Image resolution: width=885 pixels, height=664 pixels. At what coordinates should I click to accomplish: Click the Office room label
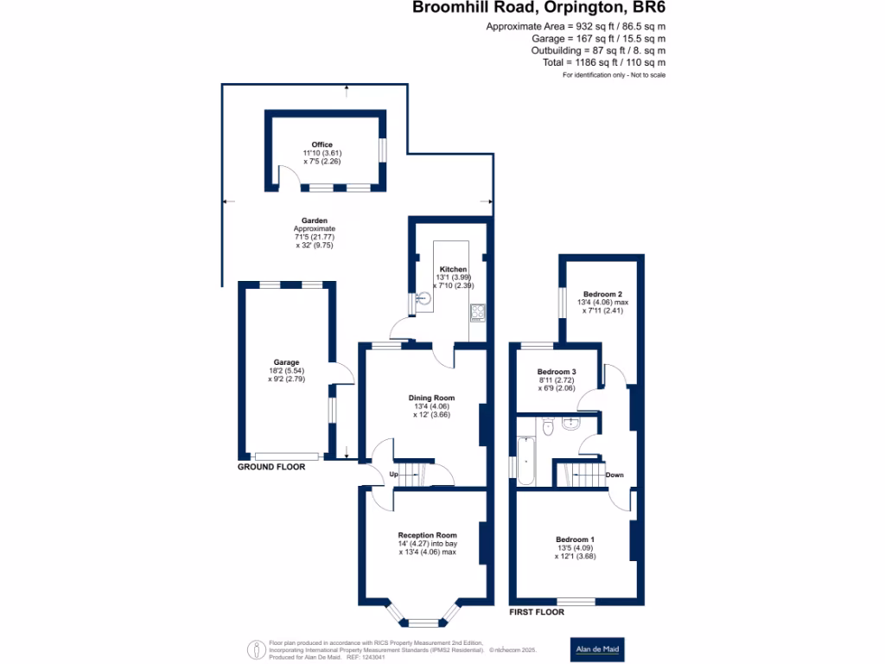(x=322, y=144)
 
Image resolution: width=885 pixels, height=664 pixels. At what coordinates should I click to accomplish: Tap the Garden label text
(x=312, y=220)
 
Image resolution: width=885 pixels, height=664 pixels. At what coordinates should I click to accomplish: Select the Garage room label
(x=287, y=362)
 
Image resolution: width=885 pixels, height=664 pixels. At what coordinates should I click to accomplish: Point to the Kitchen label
(x=453, y=269)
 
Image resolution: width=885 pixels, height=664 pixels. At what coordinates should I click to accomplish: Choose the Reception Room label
(x=427, y=535)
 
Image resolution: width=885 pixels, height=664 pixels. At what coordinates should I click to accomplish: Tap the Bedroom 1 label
(x=575, y=539)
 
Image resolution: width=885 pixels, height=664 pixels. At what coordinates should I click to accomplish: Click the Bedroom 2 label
(x=602, y=294)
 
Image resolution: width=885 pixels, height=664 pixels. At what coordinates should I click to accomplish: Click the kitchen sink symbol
(x=423, y=299)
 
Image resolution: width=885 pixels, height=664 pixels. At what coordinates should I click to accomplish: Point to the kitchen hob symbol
(x=478, y=310)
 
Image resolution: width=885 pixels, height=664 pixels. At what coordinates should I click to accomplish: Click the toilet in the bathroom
(x=545, y=426)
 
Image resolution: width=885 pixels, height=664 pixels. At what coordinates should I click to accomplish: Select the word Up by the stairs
(x=394, y=476)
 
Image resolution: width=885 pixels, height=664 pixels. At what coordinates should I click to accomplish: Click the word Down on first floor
(x=614, y=475)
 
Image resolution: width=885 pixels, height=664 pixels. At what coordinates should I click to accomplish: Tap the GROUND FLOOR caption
(x=271, y=466)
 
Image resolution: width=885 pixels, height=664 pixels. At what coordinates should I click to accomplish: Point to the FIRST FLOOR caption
(x=537, y=611)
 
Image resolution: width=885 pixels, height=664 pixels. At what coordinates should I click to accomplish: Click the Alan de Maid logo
(x=603, y=648)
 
